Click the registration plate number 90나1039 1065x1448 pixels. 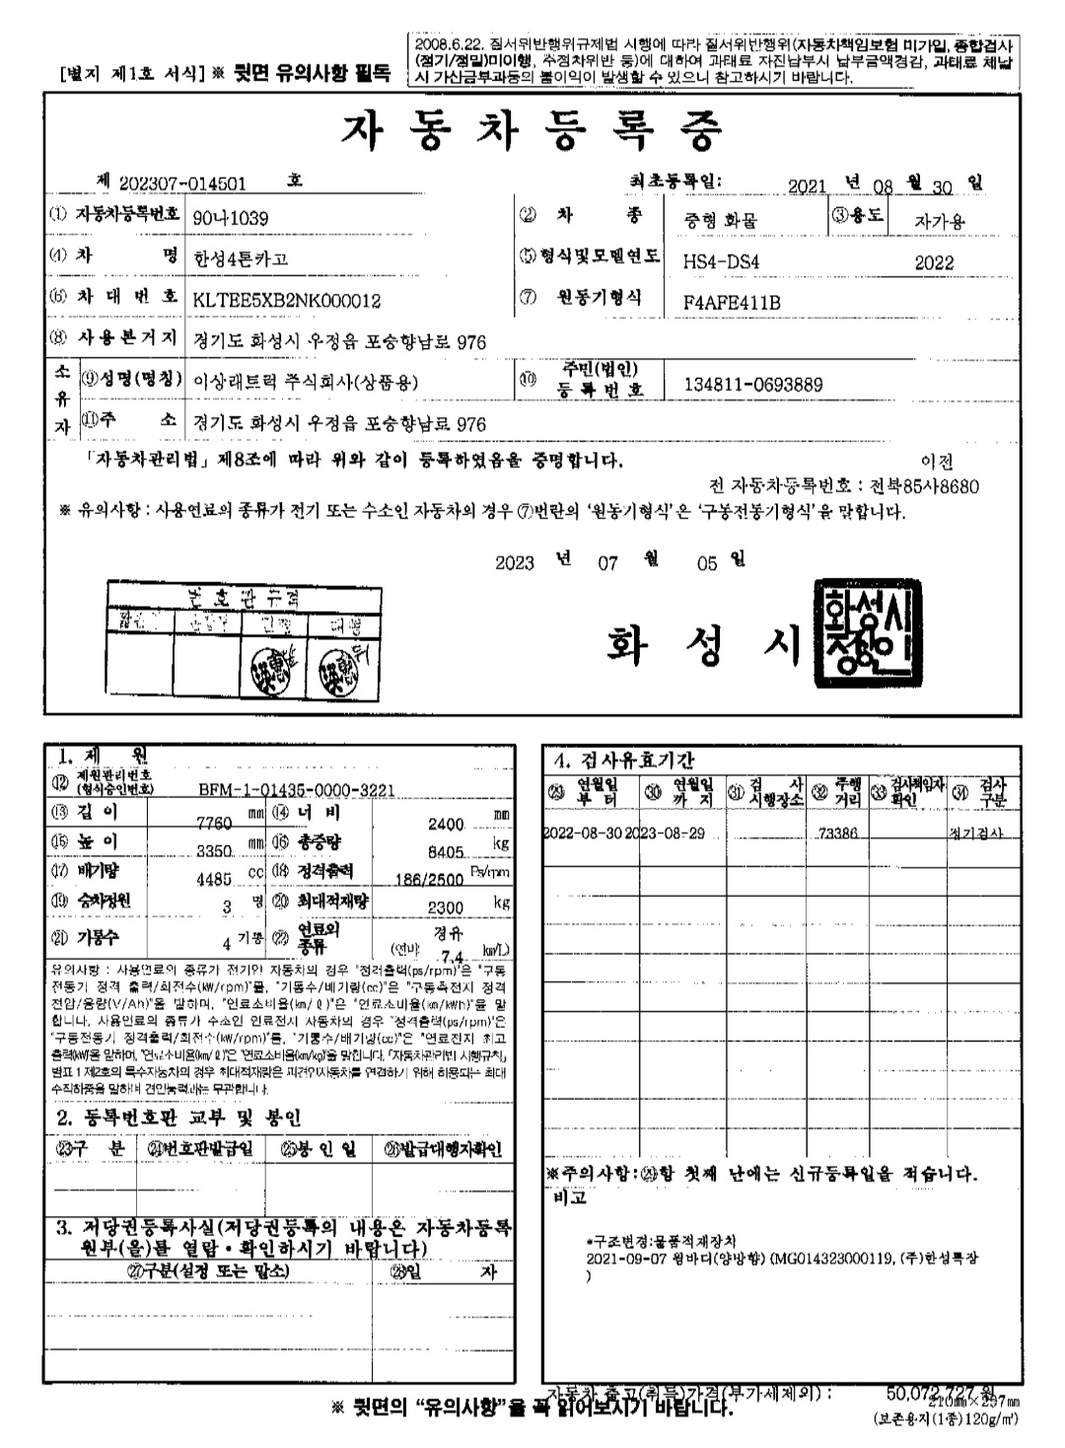pos(230,218)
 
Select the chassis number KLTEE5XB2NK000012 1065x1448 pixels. pos(287,300)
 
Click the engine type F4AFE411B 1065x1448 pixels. pos(732,303)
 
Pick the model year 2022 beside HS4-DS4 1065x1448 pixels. pos(934,262)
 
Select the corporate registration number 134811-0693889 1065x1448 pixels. pos(753,385)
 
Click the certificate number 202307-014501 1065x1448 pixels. pos(182,183)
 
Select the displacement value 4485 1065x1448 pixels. pos(215,878)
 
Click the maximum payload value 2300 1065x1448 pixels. pos(446,905)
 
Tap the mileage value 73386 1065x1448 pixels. pos(838,833)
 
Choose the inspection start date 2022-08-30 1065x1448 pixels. pos(583,833)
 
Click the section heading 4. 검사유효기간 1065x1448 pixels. pos(623,760)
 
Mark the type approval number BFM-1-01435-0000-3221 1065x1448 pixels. pos(296,789)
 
